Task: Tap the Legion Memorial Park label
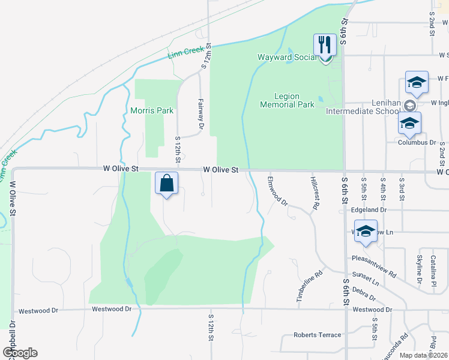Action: (287, 100)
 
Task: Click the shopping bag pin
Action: (167, 183)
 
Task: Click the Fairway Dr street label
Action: (201, 114)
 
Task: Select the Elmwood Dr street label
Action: (278, 191)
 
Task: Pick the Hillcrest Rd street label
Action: (315, 193)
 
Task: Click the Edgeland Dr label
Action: (369, 211)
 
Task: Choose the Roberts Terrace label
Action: (317, 335)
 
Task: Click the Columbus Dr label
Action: (417, 143)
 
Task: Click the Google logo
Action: (20, 353)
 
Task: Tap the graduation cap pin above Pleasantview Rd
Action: (366, 231)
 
